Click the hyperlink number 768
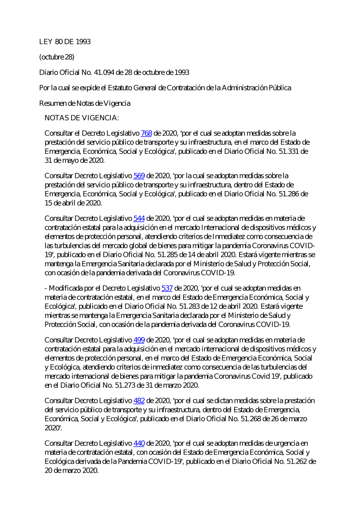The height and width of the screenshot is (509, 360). tap(146, 133)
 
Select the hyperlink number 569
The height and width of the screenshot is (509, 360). tap(139, 176)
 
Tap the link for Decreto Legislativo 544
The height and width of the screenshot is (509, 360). tap(139, 218)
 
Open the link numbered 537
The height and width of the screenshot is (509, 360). tap(167, 288)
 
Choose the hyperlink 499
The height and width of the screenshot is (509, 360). tap(139, 340)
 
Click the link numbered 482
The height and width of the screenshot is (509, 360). tap(139, 401)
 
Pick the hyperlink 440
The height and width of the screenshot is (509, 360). tap(139, 444)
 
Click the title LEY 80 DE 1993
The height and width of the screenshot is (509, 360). tap(65, 42)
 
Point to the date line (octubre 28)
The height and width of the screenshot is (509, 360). tap(57, 57)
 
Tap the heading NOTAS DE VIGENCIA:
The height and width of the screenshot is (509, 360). tap(82, 118)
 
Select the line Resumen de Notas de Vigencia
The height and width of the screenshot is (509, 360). tap(85, 104)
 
